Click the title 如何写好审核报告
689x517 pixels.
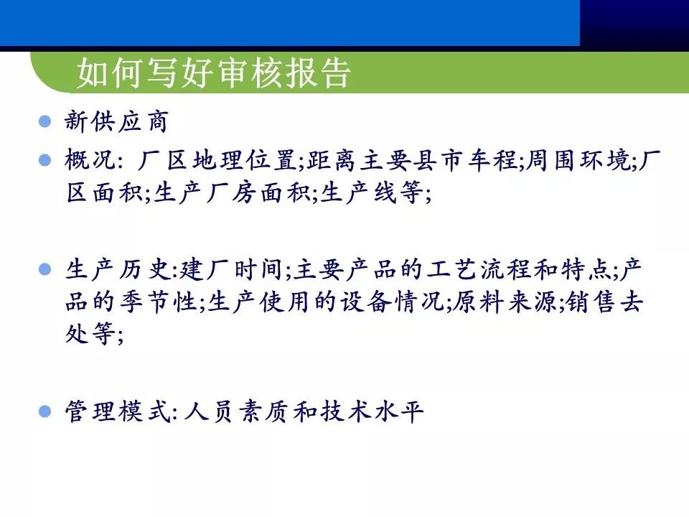pyautogui.click(x=213, y=73)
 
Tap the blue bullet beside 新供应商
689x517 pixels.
pyautogui.click(x=44, y=121)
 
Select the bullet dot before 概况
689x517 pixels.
pyautogui.click(x=44, y=159)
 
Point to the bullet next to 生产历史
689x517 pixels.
pyautogui.click(x=44, y=270)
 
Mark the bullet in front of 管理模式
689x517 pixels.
pyautogui.click(x=44, y=412)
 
